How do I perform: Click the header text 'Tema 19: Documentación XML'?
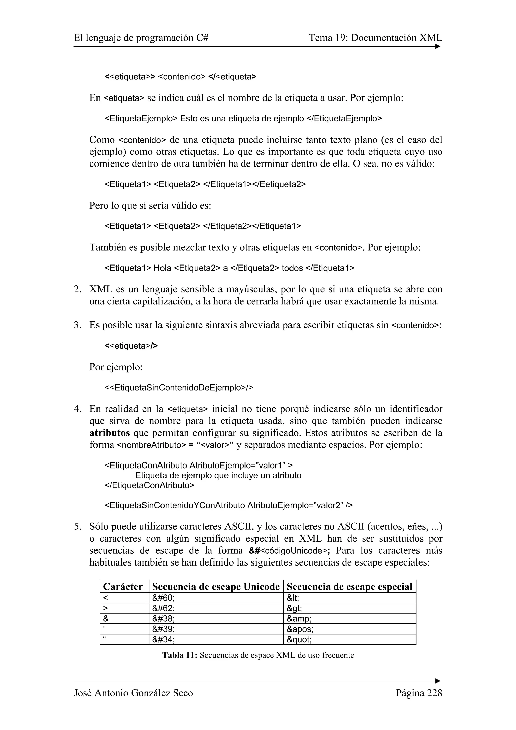click(x=375, y=38)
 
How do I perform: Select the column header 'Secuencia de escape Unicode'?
click(x=216, y=587)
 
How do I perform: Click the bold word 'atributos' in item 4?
click(x=109, y=433)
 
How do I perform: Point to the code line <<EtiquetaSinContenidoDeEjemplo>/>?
click(x=179, y=388)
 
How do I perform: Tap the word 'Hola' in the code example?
click(x=162, y=268)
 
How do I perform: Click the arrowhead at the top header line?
click(x=438, y=46)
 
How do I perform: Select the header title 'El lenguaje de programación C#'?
click(x=141, y=38)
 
